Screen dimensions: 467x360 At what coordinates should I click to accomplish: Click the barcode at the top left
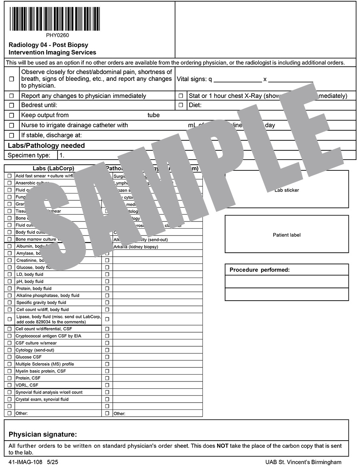tap(55, 18)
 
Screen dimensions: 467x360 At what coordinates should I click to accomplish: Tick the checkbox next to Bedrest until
tap(12, 106)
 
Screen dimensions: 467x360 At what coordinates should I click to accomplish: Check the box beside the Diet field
tap(181, 105)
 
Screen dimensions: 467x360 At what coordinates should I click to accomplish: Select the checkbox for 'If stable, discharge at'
tap(12, 135)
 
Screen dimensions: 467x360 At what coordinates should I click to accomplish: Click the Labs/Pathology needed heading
tap(46, 146)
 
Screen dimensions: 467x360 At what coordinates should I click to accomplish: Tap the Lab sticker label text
tap(286, 190)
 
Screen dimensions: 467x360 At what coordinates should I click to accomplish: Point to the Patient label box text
tap(286, 235)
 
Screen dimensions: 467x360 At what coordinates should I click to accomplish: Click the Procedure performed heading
tap(259, 270)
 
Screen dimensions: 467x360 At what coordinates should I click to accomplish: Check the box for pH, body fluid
tap(9, 281)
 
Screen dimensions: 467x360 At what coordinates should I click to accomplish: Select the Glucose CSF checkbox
tap(9, 357)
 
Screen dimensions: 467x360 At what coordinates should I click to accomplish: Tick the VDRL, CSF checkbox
tap(9, 385)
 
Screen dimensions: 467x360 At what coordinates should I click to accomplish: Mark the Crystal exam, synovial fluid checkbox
tap(9, 399)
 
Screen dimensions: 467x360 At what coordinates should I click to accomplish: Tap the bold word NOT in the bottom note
tap(222, 446)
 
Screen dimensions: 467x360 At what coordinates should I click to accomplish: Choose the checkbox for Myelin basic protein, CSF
tap(9, 371)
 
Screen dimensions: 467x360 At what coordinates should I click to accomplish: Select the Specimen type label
tap(29, 155)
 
